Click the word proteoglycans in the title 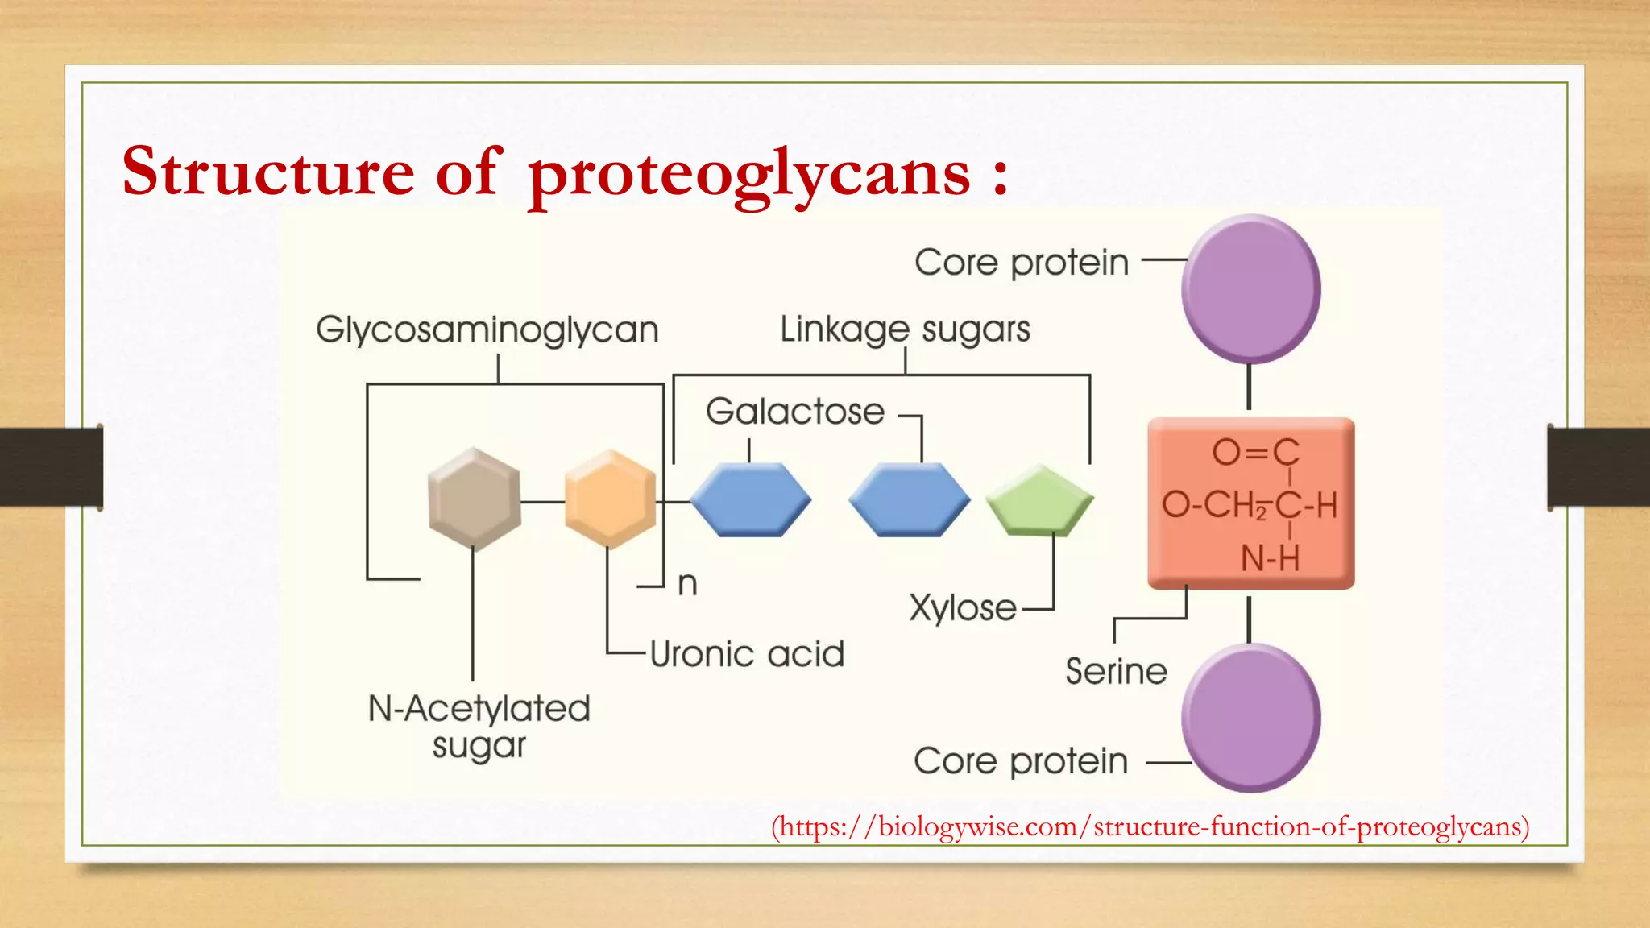[x=749, y=173]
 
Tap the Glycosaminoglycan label [x=487, y=329]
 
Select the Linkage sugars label [x=905, y=329]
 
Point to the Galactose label [x=795, y=412]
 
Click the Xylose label [x=963, y=608]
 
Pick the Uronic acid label [x=747, y=654]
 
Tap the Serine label [x=1116, y=671]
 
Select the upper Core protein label [x=1022, y=263]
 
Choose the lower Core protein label [x=1021, y=761]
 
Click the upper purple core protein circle [x=1250, y=288]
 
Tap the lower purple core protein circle [x=1250, y=718]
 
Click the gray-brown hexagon [x=474, y=499]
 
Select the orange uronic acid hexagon [x=610, y=499]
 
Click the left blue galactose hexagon [x=750, y=499]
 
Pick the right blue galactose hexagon [x=909, y=499]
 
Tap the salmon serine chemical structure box [x=1250, y=503]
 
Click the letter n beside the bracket [x=687, y=583]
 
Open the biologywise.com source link [x=1150, y=826]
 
